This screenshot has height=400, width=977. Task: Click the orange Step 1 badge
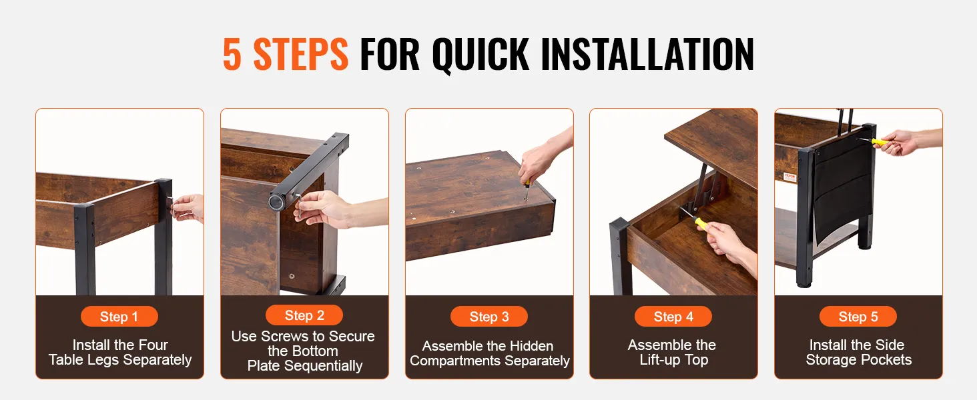click(x=119, y=317)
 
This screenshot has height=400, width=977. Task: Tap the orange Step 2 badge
click(x=304, y=315)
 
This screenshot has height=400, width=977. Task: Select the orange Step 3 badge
click(x=489, y=317)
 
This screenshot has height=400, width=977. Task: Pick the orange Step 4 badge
click(x=673, y=317)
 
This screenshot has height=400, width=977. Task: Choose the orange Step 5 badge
click(x=858, y=317)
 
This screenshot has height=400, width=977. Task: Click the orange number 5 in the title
click(x=232, y=54)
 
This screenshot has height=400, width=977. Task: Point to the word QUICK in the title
click(x=480, y=55)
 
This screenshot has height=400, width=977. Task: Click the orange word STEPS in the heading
click(x=300, y=54)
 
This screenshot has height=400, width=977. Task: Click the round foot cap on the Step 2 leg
click(x=276, y=201)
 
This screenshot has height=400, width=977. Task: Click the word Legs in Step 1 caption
click(x=141, y=360)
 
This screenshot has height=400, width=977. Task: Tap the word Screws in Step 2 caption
click(x=284, y=336)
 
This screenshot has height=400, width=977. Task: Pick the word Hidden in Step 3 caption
click(x=531, y=346)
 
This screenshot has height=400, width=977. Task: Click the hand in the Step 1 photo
click(x=188, y=208)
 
